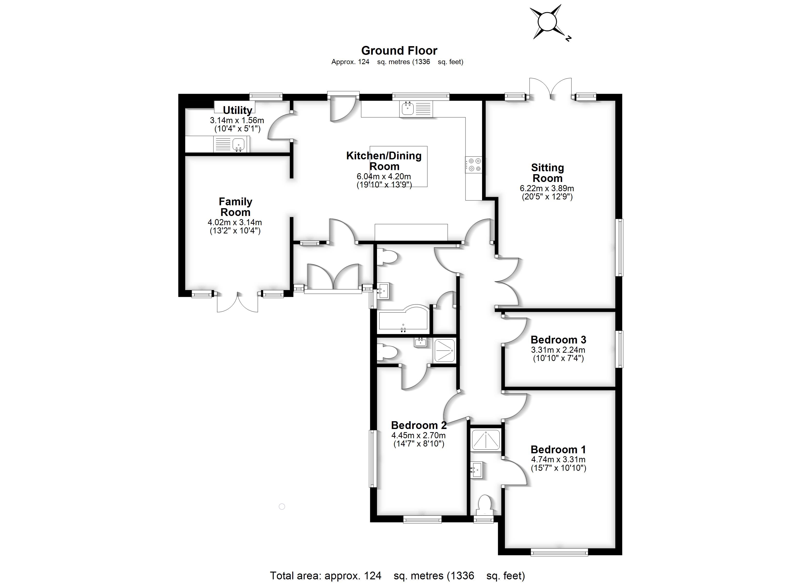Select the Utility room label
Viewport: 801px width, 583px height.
point(237,110)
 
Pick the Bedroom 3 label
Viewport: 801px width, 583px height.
point(558,340)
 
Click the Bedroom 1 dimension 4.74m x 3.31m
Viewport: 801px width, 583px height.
point(558,460)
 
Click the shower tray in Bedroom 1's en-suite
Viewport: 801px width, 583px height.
point(486,440)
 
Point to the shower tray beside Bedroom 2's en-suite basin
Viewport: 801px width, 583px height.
point(444,350)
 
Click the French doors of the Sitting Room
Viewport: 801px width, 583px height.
point(550,88)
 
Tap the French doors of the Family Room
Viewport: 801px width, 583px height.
point(237,302)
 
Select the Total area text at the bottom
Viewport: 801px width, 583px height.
point(397,575)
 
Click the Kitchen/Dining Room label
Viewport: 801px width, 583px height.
point(384,161)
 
